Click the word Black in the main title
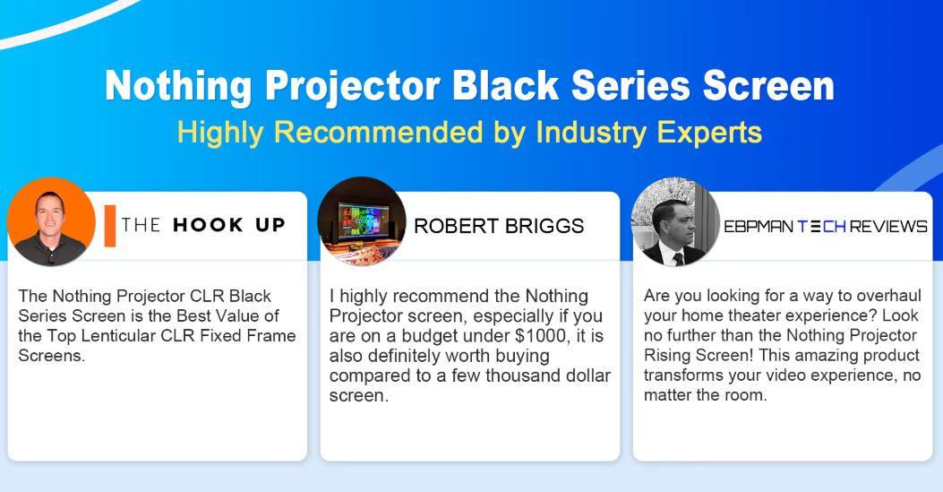pyautogui.click(x=505, y=85)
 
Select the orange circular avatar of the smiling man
pyautogui.click(x=51, y=221)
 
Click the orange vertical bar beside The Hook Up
pyautogui.click(x=109, y=226)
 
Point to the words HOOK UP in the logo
pyautogui.click(x=229, y=225)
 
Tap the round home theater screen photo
pyautogui.click(x=362, y=221)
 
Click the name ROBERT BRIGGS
pyautogui.click(x=499, y=226)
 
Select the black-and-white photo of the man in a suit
pyautogui.click(x=674, y=221)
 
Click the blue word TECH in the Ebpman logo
pyautogui.click(x=821, y=226)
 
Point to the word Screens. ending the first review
pyautogui.click(x=52, y=356)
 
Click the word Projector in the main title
pyautogui.click(x=353, y=85)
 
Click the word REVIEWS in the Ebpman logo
pyautogui.click(x=888, y=226)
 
